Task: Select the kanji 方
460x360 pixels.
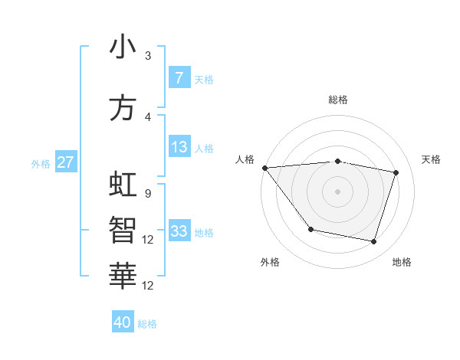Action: [x=123, y=108]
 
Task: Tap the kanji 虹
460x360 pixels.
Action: [x=123, y=185]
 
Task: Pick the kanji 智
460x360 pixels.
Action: [x=123, y=228]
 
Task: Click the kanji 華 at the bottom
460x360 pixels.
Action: [x=123, y=273]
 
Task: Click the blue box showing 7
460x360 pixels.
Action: [x=179, y=78]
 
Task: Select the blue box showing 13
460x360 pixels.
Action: [x=179, y=147]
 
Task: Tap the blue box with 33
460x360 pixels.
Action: [x=179, y=231]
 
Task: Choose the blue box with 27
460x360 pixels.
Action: [x=65, y=162]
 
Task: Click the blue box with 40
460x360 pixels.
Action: [x=123, y=322]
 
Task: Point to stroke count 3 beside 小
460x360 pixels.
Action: [x=148, y=56]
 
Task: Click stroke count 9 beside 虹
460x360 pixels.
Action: [x=147, y=193]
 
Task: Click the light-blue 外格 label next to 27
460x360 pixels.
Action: [x=41, y=163]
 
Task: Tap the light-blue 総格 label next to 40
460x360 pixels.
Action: [x=147, y=324]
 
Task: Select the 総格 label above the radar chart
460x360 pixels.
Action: [x=337, y=100]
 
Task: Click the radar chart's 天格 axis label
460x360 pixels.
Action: [x=431, y=159]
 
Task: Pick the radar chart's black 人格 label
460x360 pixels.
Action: [x=245, y=159]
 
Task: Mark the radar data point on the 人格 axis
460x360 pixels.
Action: [x=264, y=168]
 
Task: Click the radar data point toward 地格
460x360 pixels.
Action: [x=373, y=242]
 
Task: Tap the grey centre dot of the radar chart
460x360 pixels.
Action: [x=337, y=191]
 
